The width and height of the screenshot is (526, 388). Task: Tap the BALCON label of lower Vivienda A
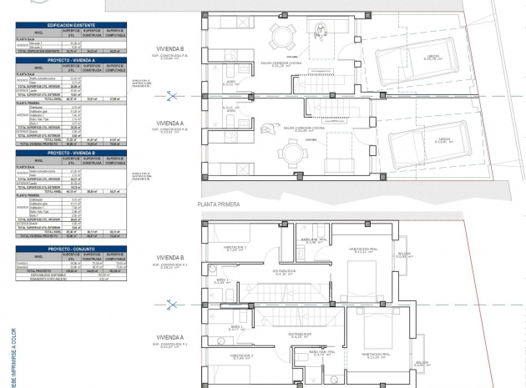[x=422, y=362]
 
